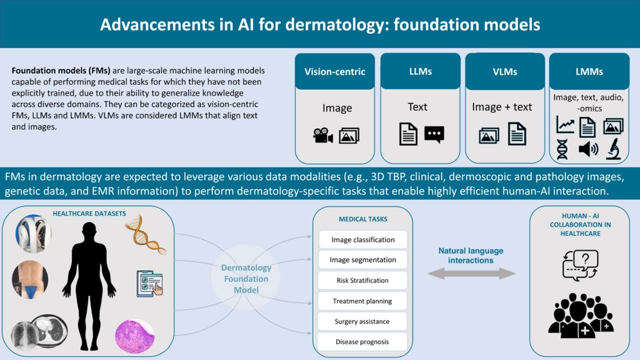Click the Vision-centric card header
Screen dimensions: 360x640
[x=335, y=72]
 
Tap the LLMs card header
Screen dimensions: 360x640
[x=420, y=72]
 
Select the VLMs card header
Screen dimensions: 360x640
[x=505, y=72]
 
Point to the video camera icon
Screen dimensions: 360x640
[x=323, y=136]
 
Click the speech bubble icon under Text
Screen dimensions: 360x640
[x=434, y=134]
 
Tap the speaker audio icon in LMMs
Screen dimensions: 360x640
[x=588, y=149]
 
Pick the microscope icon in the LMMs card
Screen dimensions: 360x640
[x=614, y=149]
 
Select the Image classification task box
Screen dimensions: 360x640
[x=363, y=240]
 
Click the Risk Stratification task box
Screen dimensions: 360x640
[x=363, y=280]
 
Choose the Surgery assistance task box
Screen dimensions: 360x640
[x=363, y=322]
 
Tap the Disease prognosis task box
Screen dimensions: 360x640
[x=363, y=342]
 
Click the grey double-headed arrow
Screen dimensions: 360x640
[x=471, y=274]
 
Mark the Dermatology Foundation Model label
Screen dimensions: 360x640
[x=246, y=279]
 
